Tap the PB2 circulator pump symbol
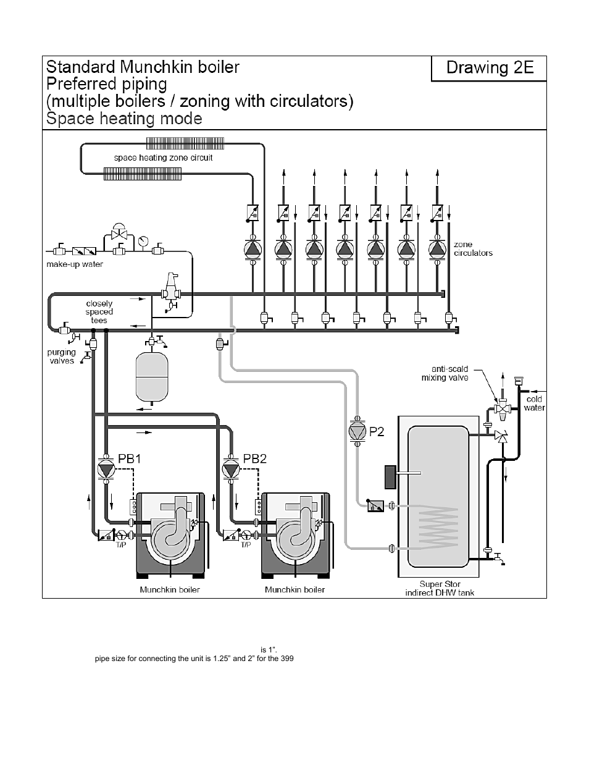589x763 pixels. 231,469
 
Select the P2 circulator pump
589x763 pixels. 357,431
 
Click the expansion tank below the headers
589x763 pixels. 152,377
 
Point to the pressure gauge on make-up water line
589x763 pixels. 143,242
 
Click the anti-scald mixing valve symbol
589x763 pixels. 503,409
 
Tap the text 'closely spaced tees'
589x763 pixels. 99,312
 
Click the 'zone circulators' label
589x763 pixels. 473,248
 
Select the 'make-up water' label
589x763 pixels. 75,264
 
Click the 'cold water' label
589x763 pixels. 534,403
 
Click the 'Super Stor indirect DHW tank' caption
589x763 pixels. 440,589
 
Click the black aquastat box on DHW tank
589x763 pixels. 390,477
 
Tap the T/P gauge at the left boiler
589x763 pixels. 122,535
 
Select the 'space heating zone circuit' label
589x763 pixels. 163,158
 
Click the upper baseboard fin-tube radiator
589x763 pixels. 185,143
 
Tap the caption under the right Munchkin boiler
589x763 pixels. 294,589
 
